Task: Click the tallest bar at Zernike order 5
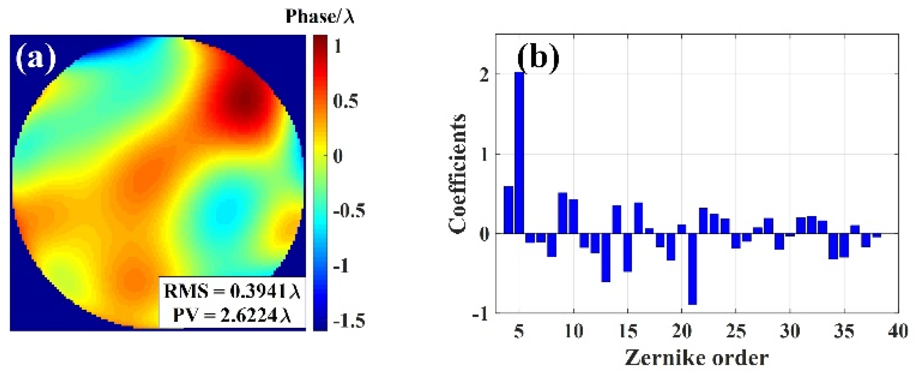coord(519,152)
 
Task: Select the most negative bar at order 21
coord(692,268)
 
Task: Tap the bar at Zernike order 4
coord(508,209)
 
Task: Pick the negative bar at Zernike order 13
coord(606,257)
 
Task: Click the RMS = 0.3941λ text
coord(232,291)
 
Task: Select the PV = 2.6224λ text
coord(232,315)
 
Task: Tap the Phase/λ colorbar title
coord(319,16)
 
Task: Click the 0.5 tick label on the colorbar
coord(345,101)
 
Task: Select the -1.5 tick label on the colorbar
coord(348,320)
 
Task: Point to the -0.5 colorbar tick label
coord(348,211)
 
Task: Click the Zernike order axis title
coord(697,357)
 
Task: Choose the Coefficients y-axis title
coord(457,173)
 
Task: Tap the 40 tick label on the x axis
coord(897,331)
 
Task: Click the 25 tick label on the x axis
coord(735,331)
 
